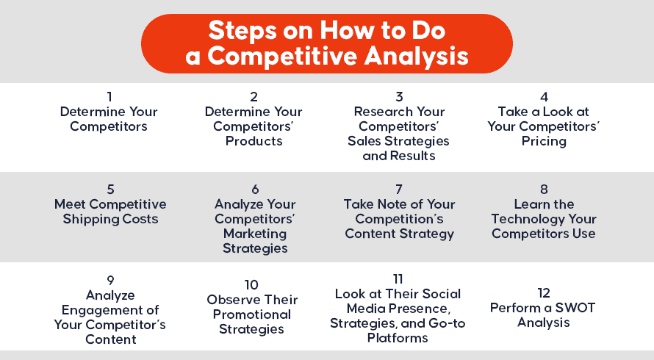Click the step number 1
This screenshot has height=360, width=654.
[x=109, y=97]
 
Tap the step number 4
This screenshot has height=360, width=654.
[x=544, y=97]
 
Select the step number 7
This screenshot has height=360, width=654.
[x=399, y=190]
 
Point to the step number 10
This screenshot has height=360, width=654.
[x=251, y=285]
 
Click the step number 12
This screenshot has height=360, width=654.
[x=544, y=293]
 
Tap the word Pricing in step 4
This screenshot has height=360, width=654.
[x=544, y=141]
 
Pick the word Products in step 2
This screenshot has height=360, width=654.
[x=254, y=141]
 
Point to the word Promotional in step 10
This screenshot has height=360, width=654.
[x=252, y=314]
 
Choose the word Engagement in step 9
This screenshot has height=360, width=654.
[x=111, y=310]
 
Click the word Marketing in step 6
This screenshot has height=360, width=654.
[x=255, y=234]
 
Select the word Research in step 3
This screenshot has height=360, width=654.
[x=379, y=112]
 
